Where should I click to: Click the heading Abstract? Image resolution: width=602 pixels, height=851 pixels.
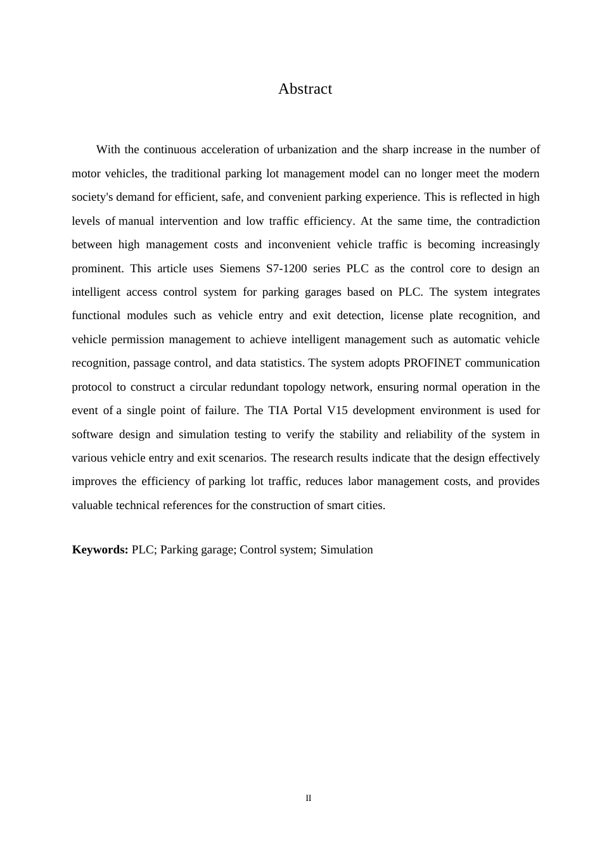coord(305,89)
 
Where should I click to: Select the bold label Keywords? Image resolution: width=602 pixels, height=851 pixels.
coord(100,550)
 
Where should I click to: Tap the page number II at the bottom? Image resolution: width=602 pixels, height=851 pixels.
coord(309,798)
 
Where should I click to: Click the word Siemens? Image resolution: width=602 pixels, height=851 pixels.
coord(240,268)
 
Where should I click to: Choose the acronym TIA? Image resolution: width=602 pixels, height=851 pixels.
coord(278,410)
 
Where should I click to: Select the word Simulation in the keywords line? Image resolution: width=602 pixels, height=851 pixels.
coord(347,550)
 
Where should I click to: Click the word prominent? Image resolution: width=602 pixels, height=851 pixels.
coord(97,268)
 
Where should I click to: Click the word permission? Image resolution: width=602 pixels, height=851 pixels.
coord(137,339)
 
